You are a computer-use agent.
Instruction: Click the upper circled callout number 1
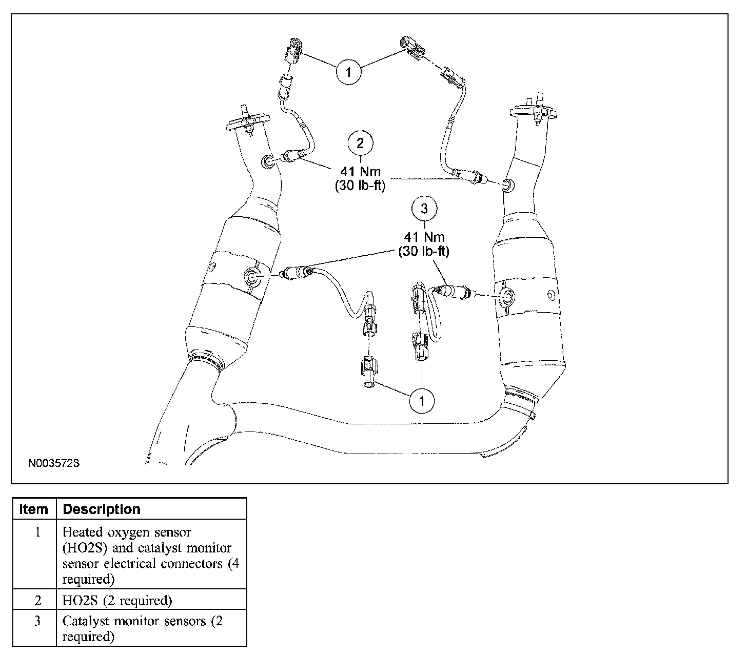click(348, 72)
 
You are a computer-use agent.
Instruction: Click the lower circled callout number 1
click(422, 401)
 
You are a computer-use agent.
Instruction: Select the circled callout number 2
click(360, 143)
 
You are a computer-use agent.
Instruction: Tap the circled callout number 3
click(424, 209)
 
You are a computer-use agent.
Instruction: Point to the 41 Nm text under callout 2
click(360, 172)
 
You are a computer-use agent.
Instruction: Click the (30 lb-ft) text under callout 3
click(424, 251)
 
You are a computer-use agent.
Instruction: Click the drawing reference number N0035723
click(54, 463)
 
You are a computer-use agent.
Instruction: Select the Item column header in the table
click(33, 509)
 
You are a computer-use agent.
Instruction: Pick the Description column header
click(102, 509)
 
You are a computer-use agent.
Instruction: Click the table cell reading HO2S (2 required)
click(117, 601)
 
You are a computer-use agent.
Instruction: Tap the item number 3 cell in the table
click(37, 621)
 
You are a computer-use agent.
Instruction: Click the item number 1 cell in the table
click(37, 532)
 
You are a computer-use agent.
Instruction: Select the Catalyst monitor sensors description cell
click(143, 629)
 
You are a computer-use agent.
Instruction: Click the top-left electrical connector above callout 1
click(293, 52)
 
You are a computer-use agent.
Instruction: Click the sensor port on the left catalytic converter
click(252, 277)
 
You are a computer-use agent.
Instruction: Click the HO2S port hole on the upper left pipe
click(268, 162)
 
